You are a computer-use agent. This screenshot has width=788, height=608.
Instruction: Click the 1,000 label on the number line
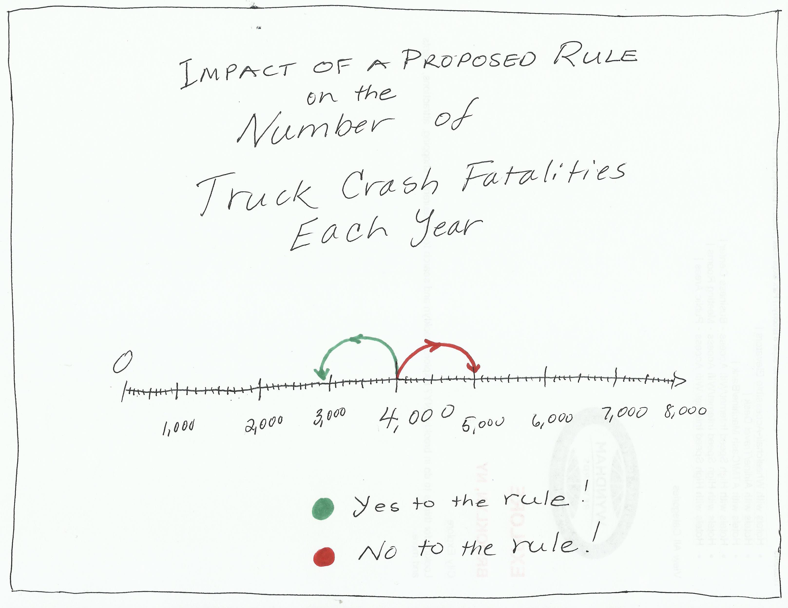tap(179, 427)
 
